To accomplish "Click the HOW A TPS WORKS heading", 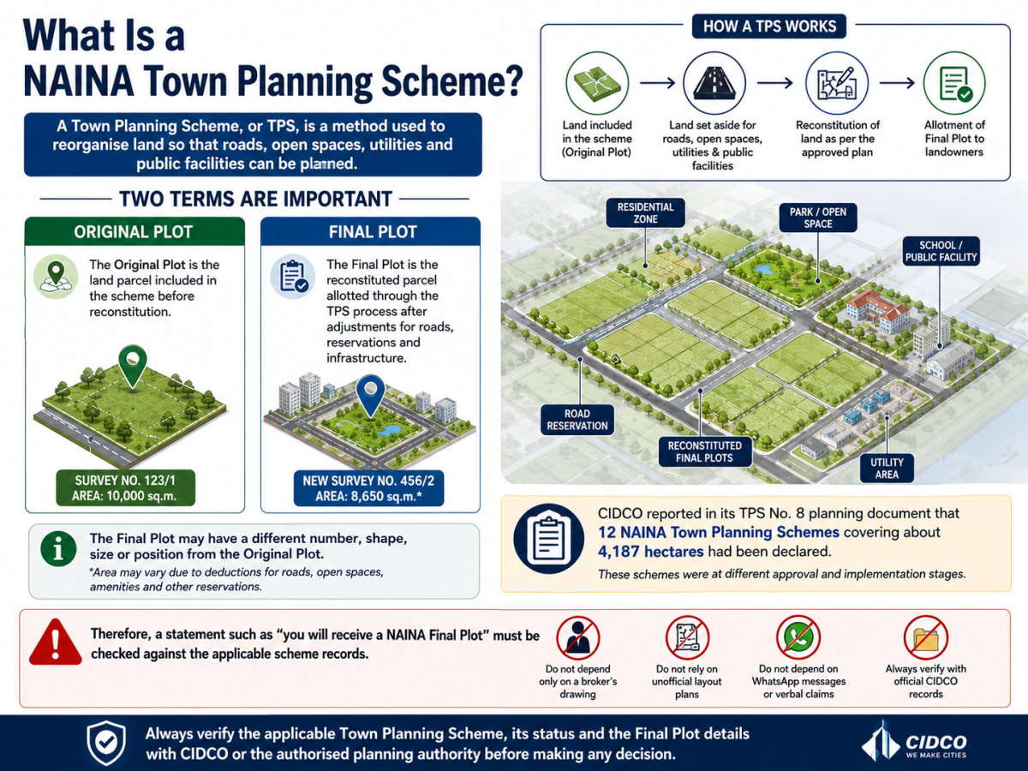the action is tap(769, 27).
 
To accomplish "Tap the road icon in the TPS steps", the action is tap(714, 83).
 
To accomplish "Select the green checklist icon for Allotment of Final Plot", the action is tap(954, 83).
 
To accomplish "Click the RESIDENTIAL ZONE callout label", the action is tap(645, 213).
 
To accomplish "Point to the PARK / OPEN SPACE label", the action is tap(818, 218).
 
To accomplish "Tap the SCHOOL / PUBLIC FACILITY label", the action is tap(941, 251).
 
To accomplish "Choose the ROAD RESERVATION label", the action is tap(577, 420).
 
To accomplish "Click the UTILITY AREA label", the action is tap(887, 468).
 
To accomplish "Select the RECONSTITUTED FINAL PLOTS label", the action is tap(704, 451).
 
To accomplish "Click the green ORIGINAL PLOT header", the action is tap(134, 231).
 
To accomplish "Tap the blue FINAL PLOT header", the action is tap(370, 231).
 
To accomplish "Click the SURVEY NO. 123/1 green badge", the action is tap(126, 487).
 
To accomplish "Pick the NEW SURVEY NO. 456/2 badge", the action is tap(368, 488).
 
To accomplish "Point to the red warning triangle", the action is tap(56, 642).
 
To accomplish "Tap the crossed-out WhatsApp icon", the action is tap(798, 637).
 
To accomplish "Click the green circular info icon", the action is tap(58, 548).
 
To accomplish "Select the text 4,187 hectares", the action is tap(650, 552).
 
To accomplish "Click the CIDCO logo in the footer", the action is tap(914, 742).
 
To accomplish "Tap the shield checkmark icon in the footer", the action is tap(107, 743).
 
